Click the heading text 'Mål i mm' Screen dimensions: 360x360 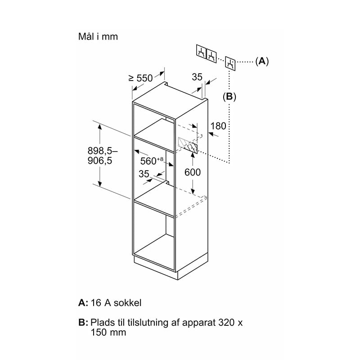98,37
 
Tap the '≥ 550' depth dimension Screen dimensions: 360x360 141,78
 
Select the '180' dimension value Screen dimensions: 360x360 218,126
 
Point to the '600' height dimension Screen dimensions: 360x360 193,172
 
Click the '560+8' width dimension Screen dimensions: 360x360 152,161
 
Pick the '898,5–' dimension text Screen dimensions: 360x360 103,151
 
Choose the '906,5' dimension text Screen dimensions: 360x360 100,161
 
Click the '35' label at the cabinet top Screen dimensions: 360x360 197,77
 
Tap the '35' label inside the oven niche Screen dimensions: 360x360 144,174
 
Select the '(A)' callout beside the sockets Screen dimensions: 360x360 262,61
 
